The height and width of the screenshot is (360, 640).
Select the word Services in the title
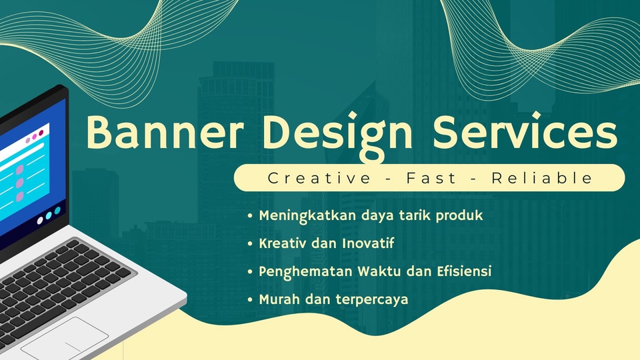[x=524, y=133]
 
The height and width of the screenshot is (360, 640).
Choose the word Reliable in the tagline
[x=542, y=178]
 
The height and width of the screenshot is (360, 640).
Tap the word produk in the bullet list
[x=459, y=217]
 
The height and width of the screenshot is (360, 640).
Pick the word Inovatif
[x=367, y=243]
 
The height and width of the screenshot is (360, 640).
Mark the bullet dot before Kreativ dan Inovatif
[x=250, y=244]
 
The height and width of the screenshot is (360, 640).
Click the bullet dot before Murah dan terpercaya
[x=250, y=300]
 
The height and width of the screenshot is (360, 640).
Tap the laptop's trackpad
[x=65, y=339]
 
